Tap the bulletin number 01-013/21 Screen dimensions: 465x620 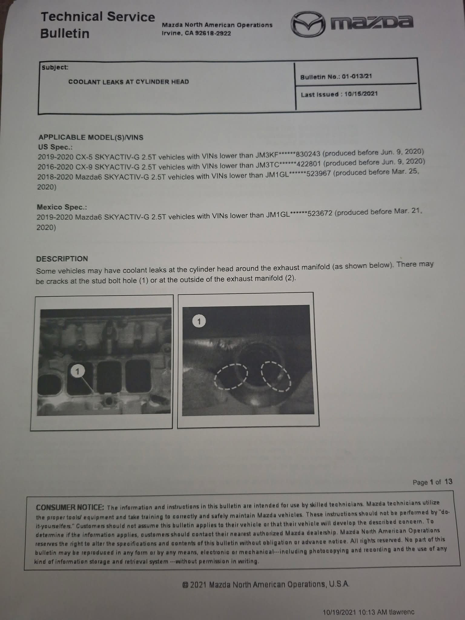357,76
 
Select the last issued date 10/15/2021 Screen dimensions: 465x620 361,94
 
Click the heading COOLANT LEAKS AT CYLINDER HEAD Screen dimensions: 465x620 128,82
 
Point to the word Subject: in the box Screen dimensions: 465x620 55,68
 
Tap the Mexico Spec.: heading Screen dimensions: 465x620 62,207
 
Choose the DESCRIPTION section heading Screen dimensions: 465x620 62,259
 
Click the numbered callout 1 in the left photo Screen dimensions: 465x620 77,371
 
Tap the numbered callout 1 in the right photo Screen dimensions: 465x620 199,321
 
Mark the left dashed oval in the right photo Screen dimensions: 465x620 231,376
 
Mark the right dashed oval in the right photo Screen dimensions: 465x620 276,376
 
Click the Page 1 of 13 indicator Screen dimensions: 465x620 432,482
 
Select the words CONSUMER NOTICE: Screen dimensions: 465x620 70,507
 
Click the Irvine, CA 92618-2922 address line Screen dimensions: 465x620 196,33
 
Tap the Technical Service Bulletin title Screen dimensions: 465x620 97,25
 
